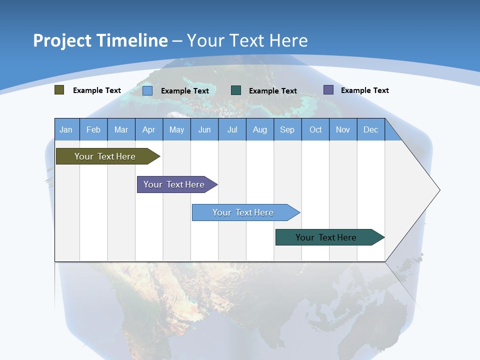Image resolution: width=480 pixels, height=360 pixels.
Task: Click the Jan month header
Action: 66,129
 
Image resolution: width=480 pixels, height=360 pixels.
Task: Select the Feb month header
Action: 93,129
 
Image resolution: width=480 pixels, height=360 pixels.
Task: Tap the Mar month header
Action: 121,129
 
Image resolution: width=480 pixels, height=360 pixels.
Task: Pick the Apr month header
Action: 149,129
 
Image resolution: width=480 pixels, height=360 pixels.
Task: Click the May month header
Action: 176,129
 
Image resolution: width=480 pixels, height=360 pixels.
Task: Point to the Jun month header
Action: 204,129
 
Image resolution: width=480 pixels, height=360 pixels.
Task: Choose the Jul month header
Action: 232,129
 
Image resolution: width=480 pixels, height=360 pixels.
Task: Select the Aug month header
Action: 260,129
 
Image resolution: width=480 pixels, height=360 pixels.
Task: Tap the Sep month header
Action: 287,129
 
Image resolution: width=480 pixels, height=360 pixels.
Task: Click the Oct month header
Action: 315,129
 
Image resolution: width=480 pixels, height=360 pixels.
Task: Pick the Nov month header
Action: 343,129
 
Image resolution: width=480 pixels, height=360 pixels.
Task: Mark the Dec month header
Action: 371,129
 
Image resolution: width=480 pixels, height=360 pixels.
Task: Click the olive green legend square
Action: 59,90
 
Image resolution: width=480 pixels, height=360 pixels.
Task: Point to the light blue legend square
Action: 147,90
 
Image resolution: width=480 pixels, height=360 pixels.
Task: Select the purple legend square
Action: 328,90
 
